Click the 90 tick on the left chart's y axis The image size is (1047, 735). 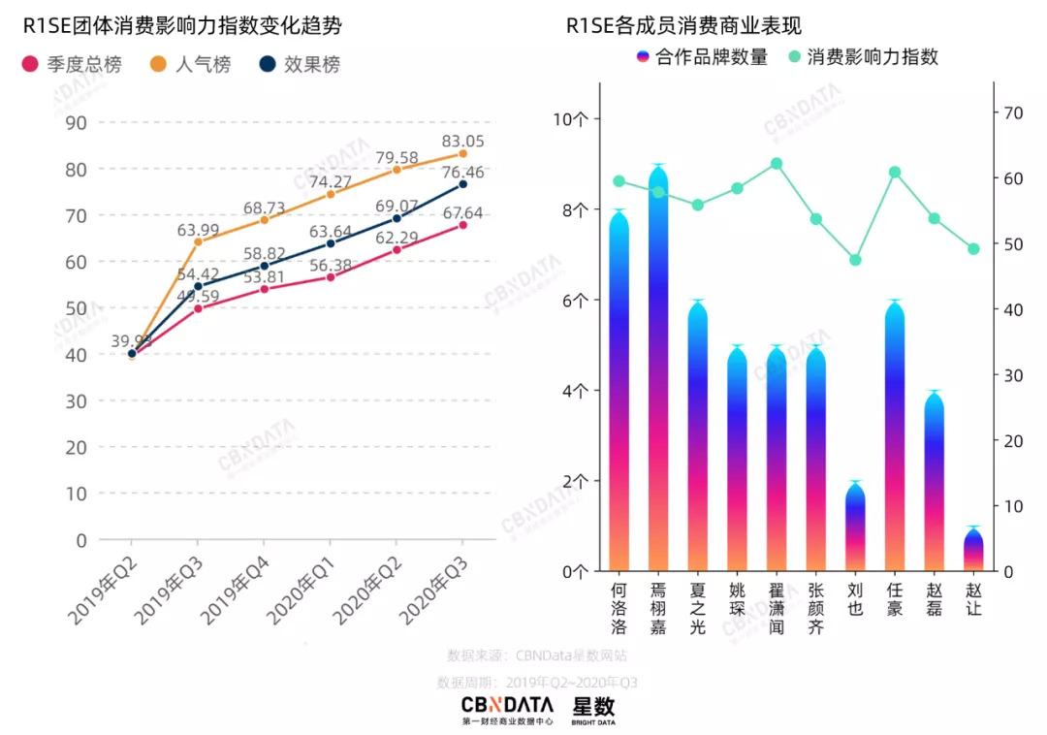coord(76,122)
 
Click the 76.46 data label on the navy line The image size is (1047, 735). coord(464,172)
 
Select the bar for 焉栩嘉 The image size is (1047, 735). coord(658,368)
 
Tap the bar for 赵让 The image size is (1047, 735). coord(973,550)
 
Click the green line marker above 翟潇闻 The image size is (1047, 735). coord(777,164)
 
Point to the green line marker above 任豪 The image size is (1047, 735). coord(895,173)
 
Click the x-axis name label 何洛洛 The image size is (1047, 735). coord(619,608)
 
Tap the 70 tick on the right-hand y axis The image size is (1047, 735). coord(1014,112)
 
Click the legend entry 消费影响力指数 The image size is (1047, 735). coord(863,57)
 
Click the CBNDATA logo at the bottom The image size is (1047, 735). coord(507,709)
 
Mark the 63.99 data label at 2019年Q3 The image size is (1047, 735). coord(199,230)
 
